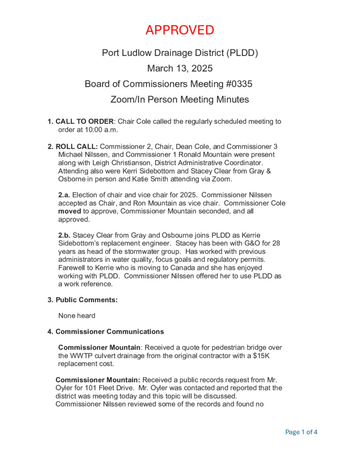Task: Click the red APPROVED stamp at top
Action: [180, 30]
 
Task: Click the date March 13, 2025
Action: [180, 69]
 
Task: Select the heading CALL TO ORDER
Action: [84, 122]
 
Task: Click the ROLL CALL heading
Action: [76, 147]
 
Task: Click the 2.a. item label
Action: [64, 195]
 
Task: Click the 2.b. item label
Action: [64, 235]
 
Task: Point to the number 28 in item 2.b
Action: [275, 243]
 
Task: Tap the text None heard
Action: [76, 315]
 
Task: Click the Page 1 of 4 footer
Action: [301, 432]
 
